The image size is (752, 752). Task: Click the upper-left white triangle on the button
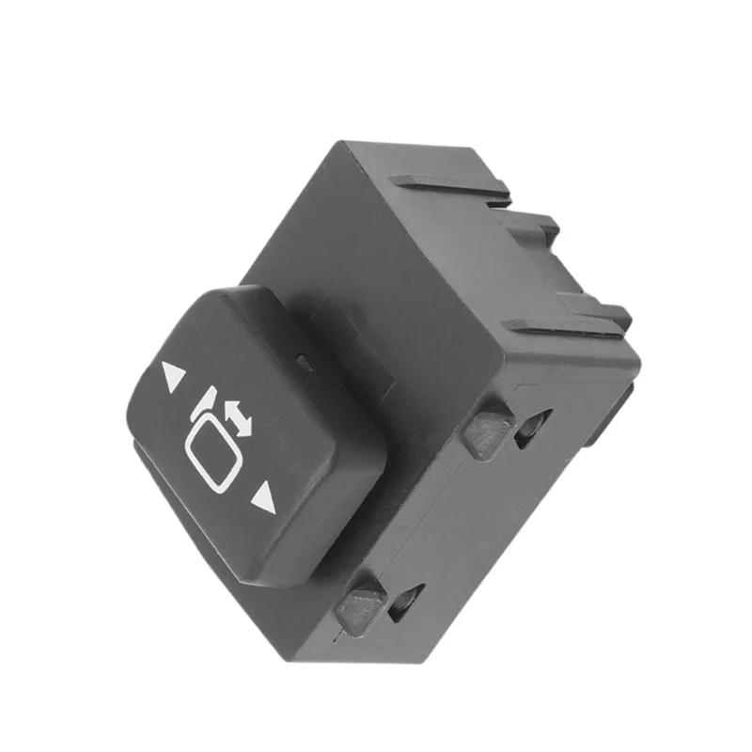coord(172,377)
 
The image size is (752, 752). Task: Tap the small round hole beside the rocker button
coord(305,359)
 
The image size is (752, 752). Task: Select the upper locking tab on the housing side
coord(486,430)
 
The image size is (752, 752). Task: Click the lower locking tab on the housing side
coord(360,605)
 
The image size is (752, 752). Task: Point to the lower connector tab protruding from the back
coord(602,310)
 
